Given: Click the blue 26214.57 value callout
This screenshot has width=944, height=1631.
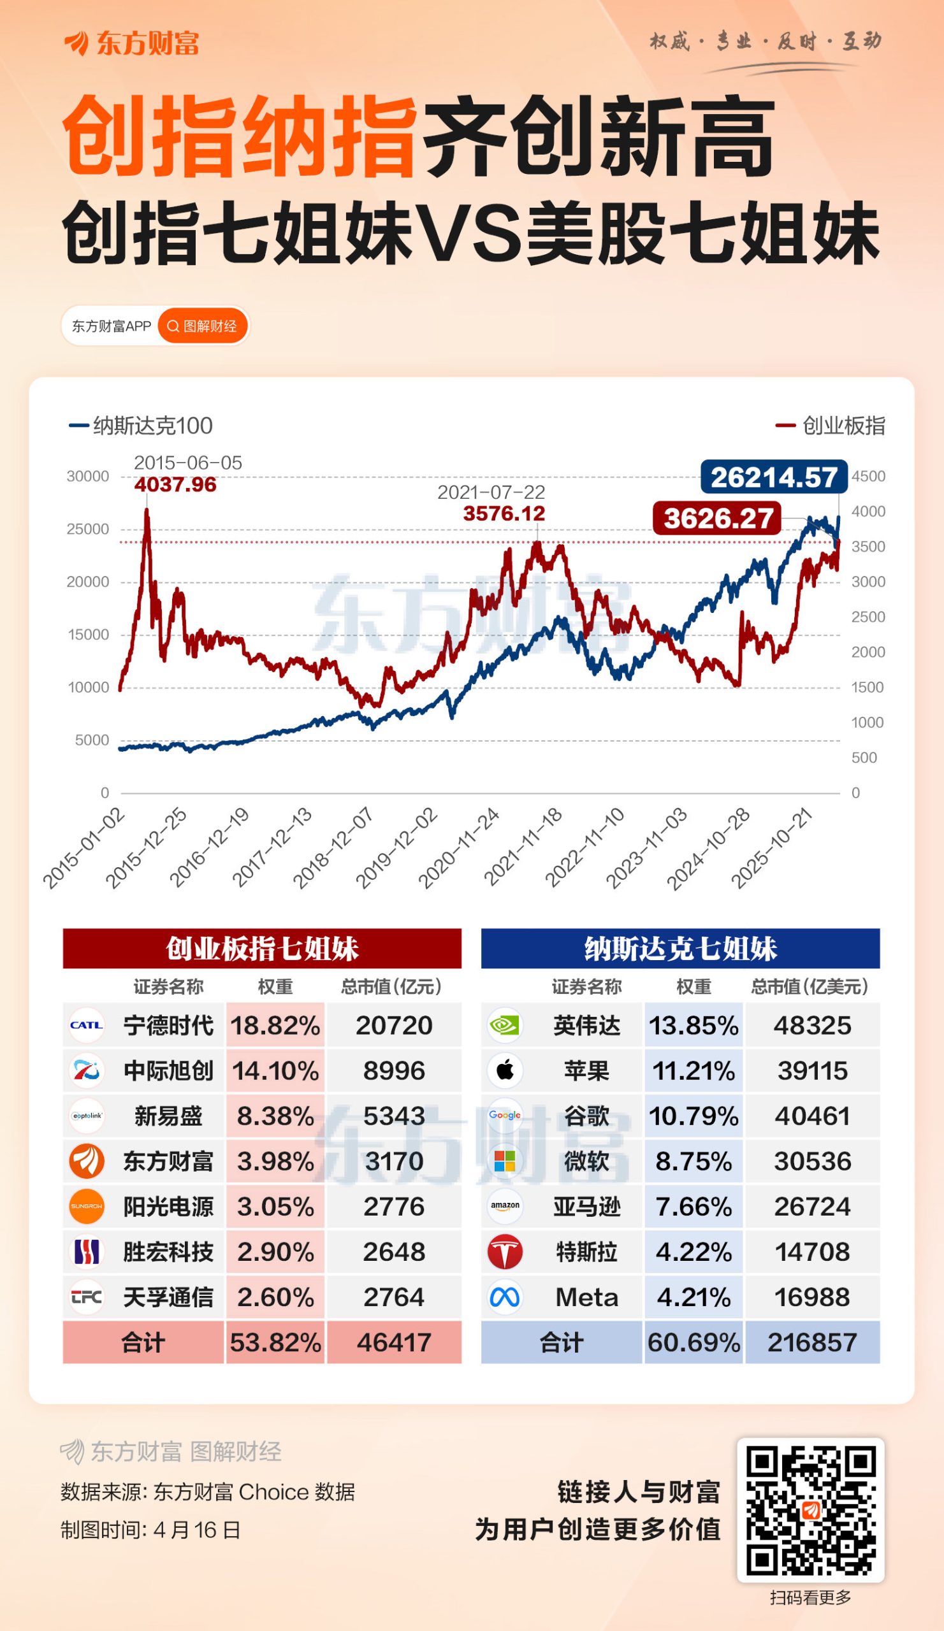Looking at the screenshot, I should (x=774, y=477).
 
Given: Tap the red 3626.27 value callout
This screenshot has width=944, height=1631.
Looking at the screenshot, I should (x=717, y=519).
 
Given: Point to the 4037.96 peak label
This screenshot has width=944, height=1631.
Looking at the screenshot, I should (x=175, y=484).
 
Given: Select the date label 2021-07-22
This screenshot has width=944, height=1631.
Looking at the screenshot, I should (x=491, y=492).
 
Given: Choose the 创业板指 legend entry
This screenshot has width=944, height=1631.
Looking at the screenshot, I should (x=831, y=425).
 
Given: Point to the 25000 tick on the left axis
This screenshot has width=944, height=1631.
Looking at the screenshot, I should (x=88, y=529).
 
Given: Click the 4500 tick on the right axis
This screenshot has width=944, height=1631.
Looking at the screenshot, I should (x=868, y=477).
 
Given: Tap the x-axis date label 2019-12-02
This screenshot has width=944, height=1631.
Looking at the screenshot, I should (x=397, y=848).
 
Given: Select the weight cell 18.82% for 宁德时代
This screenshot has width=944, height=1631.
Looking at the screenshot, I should (x=275, y=1025).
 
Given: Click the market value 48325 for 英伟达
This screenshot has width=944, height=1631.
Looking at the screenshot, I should (x=812, y=1025).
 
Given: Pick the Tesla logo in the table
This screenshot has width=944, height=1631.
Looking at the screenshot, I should (x=505, y=1252).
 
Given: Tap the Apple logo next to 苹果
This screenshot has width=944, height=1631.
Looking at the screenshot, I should (x=505, y=1070).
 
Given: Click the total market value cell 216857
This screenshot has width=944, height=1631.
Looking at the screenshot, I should (x=812, y=1342).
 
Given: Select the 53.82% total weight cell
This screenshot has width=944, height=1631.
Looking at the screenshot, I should (x=275, y=1342).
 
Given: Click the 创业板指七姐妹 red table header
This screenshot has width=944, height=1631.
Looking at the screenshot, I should (x=262, y=949).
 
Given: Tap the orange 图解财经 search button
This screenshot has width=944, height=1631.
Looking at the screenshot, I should (x=203, y=326).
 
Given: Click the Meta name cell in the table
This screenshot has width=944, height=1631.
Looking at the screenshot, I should (x=586, y=1297).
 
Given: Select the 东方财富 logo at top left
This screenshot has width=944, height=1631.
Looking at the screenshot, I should (x=131, y=43).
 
